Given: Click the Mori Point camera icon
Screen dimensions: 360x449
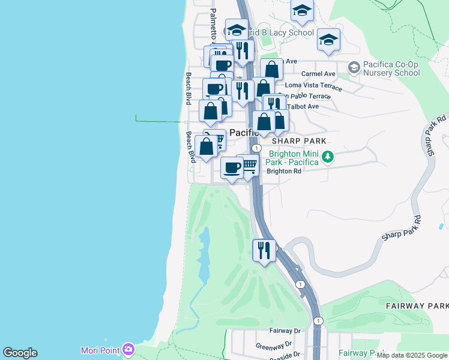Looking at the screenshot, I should [x=128, y=349].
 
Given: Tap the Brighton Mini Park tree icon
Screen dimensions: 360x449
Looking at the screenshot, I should [x=328, y=157].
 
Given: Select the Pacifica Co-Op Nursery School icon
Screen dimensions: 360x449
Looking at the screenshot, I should [x=354, y=66].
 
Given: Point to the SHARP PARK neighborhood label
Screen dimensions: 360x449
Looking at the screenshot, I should [x=299, y=141].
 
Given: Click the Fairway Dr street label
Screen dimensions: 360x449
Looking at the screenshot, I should [x=285, y=331].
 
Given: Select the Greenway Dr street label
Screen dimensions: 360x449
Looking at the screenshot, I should [x=273, y=345].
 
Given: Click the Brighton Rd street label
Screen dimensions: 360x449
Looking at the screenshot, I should [x=283, y=171].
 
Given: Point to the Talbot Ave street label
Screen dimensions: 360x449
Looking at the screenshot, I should [x=303, y=106].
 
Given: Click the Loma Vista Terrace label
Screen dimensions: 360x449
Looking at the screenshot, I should [x=313, y=86].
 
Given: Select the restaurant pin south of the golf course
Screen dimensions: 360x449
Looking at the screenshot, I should [x=264, y=250].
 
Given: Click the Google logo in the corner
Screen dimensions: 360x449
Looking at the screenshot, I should [x=20, y=353].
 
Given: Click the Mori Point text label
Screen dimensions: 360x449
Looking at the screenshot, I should [x=100, y=350].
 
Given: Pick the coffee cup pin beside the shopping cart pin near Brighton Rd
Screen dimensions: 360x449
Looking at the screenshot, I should [x=231, y=167].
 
